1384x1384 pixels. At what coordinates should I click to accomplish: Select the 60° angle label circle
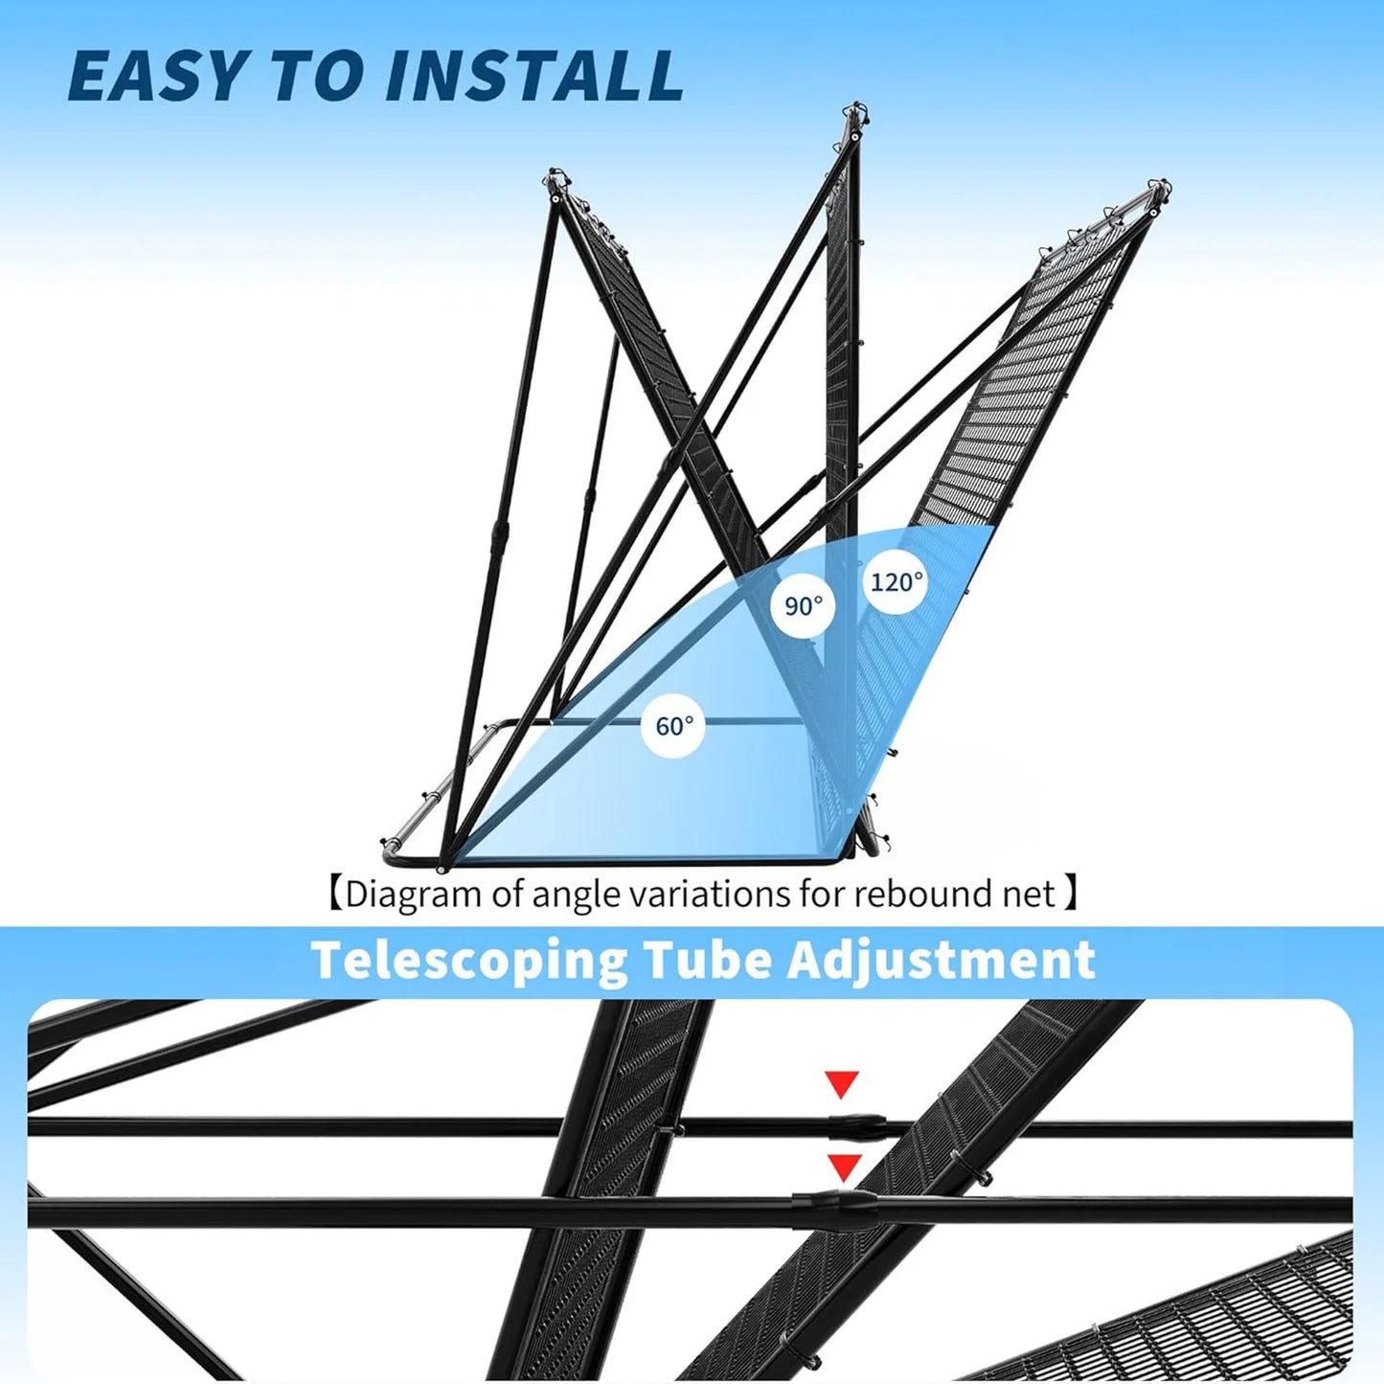(673, 726)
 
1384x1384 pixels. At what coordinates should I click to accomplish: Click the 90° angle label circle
(803, 606)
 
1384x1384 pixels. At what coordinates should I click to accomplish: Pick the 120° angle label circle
(896, 581)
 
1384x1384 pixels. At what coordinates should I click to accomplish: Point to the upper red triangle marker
(842, 1084)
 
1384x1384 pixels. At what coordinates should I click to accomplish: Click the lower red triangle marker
(843, 1167)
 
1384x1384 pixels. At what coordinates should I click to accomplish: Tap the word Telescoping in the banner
(469, 961)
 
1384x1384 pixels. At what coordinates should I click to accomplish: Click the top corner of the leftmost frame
(555, 178)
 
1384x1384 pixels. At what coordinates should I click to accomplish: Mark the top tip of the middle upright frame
(854, 108)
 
